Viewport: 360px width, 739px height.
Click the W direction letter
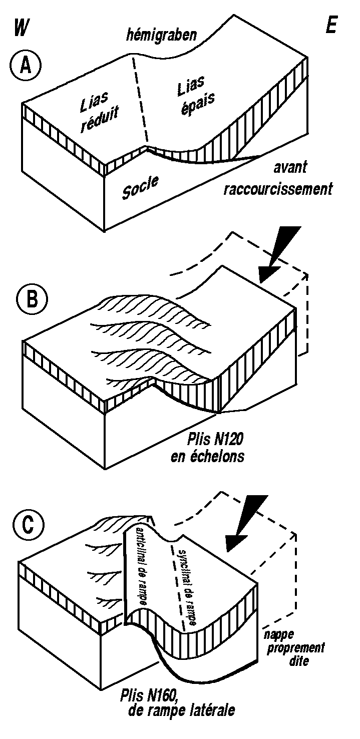(20, 28)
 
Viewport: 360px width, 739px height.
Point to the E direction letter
(331, 27)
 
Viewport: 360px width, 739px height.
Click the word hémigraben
(161, 36)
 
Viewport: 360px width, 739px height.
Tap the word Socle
(140, 186)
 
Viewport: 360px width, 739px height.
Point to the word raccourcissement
(278, 189)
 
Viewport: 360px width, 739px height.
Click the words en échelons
(213, 456)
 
